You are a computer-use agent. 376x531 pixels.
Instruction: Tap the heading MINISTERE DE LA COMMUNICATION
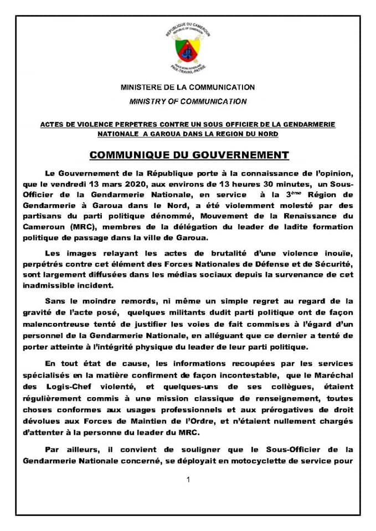point(188,87)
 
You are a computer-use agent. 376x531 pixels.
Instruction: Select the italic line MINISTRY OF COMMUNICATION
point(188,102)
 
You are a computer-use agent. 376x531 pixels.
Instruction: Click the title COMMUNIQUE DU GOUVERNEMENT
point(188,154)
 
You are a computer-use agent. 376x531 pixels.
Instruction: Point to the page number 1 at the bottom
point(188,480)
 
